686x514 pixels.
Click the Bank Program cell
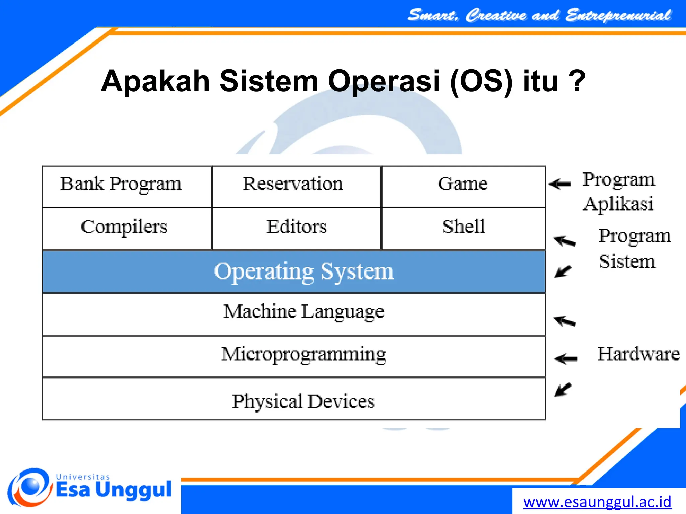[127, 186]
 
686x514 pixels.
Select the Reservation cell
[296, 186]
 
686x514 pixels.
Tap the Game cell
[463, 186]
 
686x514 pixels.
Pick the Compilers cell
[127, 229]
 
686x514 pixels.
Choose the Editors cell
[296, 229]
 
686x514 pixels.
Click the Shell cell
[463, 229]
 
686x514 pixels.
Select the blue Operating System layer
[294, 272]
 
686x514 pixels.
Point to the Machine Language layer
[294, 314]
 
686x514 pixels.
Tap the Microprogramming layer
[294, 356]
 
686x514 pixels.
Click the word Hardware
[638, 354]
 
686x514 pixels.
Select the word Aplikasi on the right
[618, 204]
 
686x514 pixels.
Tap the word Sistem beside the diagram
[627, 262]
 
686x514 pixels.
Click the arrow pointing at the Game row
[560, 184]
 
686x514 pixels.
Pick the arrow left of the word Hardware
[566, 359]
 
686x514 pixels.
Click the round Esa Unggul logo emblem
[30, 487]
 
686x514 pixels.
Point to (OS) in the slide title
[481, 81]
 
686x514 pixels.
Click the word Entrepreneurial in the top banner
[618, 15]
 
